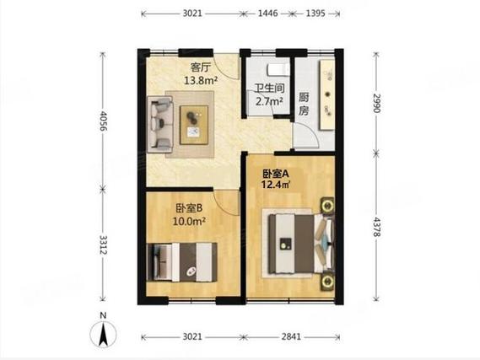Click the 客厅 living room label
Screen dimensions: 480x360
tap(201, 67)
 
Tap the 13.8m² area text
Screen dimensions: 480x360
tap(201, 80)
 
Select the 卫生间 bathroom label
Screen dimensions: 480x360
tap(270, 89)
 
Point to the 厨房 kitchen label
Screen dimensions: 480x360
tap(304, 104)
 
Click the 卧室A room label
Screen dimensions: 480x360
tap(276, 174)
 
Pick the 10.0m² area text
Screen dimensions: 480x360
tap(189, 221)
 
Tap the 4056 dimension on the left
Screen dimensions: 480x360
tap(104, 121)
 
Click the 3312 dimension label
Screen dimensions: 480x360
tap(104, 244)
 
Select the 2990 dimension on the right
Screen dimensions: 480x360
tap(376, 103)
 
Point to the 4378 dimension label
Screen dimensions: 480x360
tap(376, 227)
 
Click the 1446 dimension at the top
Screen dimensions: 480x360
tap(268, 13)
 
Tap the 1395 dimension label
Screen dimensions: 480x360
tap(316, 13)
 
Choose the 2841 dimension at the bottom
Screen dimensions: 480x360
tap(291, 336)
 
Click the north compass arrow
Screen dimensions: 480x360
tap(103, 334)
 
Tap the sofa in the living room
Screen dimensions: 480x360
tap(160, 124)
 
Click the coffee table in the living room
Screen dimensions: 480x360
tap(194, 125)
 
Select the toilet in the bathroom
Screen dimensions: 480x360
tap(278, 70)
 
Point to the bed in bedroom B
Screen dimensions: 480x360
tap(182, 262)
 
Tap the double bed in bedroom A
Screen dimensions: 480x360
tap(300, 244)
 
